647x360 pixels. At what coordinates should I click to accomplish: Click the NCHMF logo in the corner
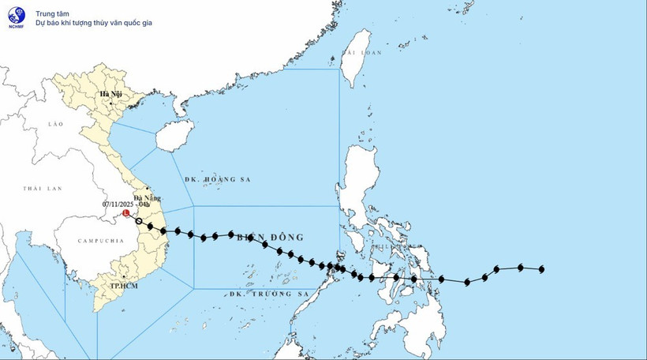tap(16, 16)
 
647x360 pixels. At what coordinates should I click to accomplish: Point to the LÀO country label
tap(54, 125)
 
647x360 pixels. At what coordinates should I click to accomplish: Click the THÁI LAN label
tap(42, 189)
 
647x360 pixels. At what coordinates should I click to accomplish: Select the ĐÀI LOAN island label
tap(361, 53)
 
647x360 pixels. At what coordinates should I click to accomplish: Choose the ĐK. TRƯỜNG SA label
tap(267, 293)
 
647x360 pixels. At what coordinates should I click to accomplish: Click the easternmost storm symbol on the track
tap(542, 270)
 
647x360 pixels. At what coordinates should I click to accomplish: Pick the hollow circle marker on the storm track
tap(139, 221)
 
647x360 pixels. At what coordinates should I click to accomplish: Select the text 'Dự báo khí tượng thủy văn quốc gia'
tap(94, 23)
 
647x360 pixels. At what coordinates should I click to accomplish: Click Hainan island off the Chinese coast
tap(174, 135)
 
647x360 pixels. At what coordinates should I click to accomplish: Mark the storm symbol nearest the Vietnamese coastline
tap(163, 231)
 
